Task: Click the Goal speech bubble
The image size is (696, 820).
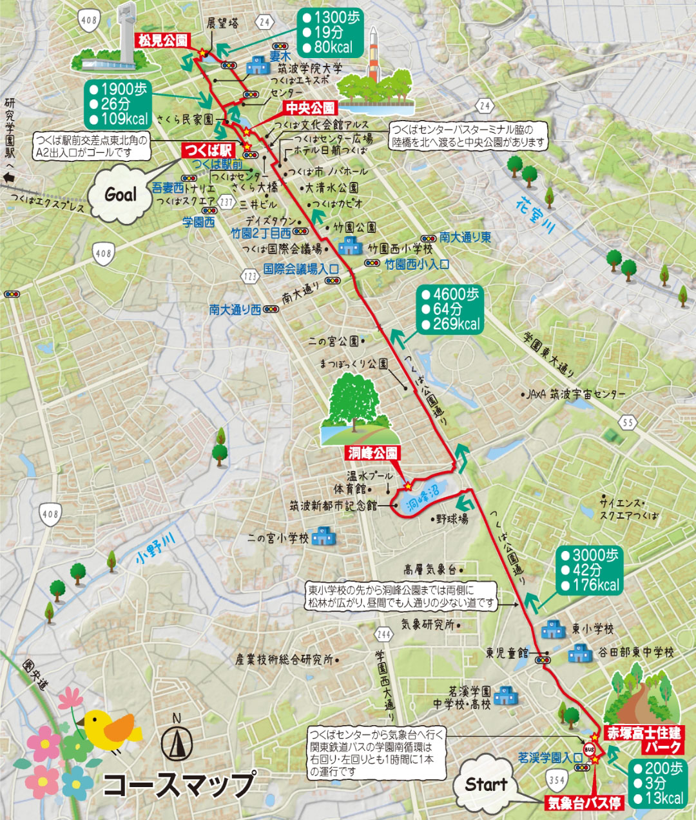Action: pos(121,195)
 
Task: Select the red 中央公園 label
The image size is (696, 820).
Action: pos(311,108)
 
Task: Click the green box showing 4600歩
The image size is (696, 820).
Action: pos(450,309)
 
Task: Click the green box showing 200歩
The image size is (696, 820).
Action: pos(657,783)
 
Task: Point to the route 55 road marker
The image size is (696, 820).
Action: pos(628,423)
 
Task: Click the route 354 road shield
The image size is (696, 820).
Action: pos(556,780)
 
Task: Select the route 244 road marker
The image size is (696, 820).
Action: pos(383,634)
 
